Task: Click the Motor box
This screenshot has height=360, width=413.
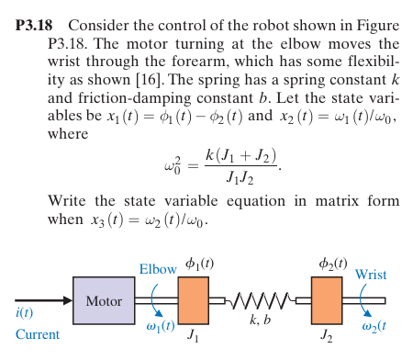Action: (x=104, y=301)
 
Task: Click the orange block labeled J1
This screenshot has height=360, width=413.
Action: (x=194, y=300)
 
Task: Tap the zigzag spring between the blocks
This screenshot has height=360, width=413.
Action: (x=261, y=300)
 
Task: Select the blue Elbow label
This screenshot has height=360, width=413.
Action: (x=157, y=269)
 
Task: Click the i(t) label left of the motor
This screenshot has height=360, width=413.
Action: (x=25, y=315)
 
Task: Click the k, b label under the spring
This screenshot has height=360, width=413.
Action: (x=261, y=320)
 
